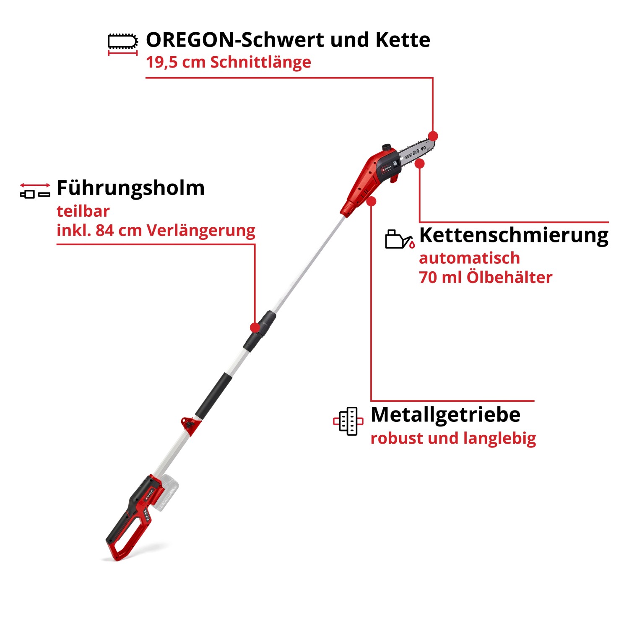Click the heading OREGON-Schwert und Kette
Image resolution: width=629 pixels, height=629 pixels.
coord(288,40)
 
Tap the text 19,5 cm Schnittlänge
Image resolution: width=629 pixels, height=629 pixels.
coord(228,62)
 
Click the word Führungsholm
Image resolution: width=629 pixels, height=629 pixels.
coord(130,188)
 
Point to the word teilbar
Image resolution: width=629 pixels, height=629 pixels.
coord(83,211)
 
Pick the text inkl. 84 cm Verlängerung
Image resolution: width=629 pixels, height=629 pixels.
coord(156,230)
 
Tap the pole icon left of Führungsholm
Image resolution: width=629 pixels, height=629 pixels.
coord(35,190)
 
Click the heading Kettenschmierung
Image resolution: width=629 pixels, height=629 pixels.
coord(513,235)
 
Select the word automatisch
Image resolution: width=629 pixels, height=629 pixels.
coord(469,258)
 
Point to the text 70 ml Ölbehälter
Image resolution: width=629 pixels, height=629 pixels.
coord(485,277)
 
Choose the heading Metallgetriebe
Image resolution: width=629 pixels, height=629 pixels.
coord(445,414)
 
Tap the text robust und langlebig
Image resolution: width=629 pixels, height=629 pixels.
coord(453,438)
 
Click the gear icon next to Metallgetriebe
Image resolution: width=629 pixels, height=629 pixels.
coord(348,421)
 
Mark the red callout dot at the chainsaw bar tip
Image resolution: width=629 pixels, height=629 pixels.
coord(433,136)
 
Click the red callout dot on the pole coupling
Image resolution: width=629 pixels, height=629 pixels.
coord(255,327)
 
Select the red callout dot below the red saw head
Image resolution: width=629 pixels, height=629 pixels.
coord(371,201)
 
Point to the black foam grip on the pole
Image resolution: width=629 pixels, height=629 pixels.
coord(213,395)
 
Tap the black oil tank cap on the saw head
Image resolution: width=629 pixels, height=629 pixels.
coord(387,148)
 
